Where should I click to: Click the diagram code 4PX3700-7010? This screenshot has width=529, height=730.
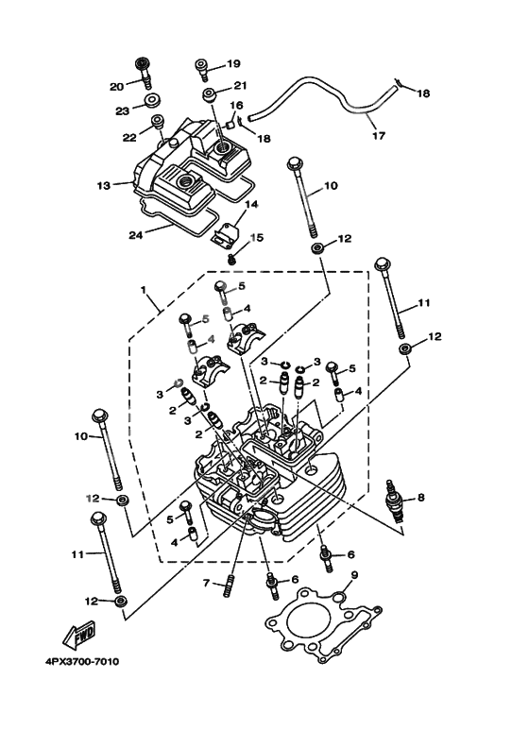coord(74,662)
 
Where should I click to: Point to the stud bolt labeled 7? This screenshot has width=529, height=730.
coord(229,586)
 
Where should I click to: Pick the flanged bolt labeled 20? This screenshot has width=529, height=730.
coord(143,68)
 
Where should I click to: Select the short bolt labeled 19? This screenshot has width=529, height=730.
coord(203,67)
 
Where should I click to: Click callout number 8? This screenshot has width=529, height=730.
coord(421,496)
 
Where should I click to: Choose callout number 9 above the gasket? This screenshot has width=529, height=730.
coord(354,575)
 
